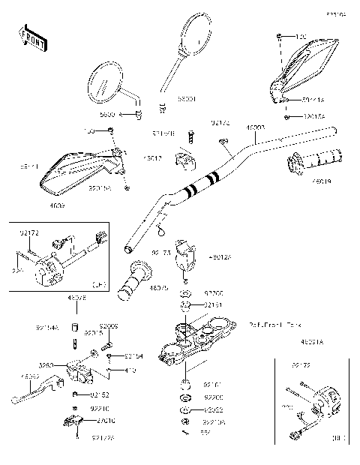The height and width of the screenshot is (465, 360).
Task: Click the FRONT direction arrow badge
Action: click(x=31, y=38)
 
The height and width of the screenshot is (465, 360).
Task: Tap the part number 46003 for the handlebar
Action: click(x=256, y=128)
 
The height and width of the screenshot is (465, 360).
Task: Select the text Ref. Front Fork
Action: click(x=276, y=325)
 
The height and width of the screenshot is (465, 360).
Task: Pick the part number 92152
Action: click(x=100, y=394)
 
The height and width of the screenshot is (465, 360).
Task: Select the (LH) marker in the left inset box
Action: click(x=97, y=284)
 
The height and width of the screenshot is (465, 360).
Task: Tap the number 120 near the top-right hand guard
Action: click(x=301, y=37)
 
